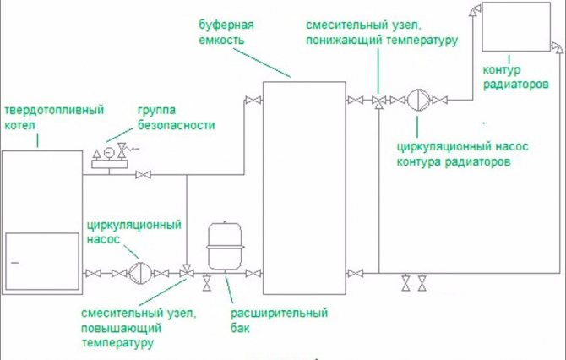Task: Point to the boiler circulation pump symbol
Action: (x=140, y=271)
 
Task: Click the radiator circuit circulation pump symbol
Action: (x=419, y=101)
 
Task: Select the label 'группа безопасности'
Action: (x=175, y=118)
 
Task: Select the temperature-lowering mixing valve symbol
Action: (x=378, y=101)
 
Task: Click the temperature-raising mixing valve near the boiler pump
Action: (x=186, y=271)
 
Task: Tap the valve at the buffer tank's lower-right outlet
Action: (x=357, y=271)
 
